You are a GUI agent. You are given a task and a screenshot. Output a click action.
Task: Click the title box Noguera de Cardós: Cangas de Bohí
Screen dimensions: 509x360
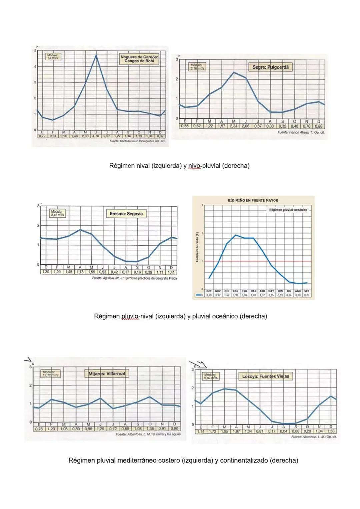tap(139, 59)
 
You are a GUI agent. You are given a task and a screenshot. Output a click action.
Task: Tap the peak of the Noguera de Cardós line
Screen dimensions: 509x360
tap(96, 55)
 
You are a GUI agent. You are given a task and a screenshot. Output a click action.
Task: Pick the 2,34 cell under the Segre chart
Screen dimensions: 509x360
tap(233, 126)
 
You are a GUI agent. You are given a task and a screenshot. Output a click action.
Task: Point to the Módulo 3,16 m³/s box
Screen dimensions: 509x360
tap(197, 66)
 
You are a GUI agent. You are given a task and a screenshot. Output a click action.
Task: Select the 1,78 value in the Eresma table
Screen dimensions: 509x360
tap(80, 272)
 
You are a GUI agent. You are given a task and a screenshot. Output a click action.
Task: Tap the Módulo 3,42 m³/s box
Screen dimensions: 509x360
tap(58, 213)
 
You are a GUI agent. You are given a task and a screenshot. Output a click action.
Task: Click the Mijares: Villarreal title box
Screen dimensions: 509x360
tap(106, 374)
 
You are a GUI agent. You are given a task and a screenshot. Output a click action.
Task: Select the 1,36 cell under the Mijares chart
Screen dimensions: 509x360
tap(150, 429)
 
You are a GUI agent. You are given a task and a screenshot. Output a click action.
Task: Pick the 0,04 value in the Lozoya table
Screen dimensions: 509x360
tap(284, 431)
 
